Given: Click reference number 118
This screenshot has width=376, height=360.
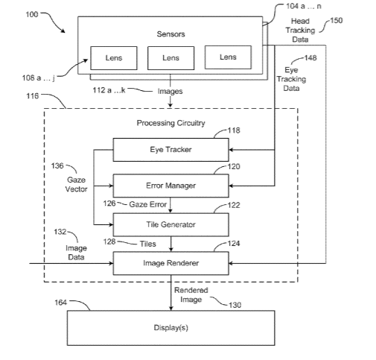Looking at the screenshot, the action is pos(234,130).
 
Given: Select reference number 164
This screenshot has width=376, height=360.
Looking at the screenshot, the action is pos(61,303).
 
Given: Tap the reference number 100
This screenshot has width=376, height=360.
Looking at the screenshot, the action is pos(32,14).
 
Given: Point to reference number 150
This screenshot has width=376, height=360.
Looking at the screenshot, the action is pos(337,20).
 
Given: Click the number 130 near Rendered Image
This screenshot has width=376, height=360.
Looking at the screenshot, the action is pos(235,305).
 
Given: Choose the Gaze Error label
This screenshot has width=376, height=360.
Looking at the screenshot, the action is pos(148,204).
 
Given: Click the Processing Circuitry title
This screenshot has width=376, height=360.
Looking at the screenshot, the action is pos(171,123).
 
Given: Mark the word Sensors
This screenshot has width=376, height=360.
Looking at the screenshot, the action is pos(171,34).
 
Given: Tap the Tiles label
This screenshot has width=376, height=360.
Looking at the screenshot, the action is pos(148,244).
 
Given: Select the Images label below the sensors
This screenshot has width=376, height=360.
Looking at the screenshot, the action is pos(170,91).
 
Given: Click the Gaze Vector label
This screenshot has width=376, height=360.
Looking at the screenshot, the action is pos(76,184).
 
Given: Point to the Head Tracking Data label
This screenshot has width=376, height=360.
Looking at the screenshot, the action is pos(300,30).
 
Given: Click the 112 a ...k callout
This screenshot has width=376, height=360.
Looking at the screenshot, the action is pos(109,90).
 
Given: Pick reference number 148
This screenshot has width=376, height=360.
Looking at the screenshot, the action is pos(310,57).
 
